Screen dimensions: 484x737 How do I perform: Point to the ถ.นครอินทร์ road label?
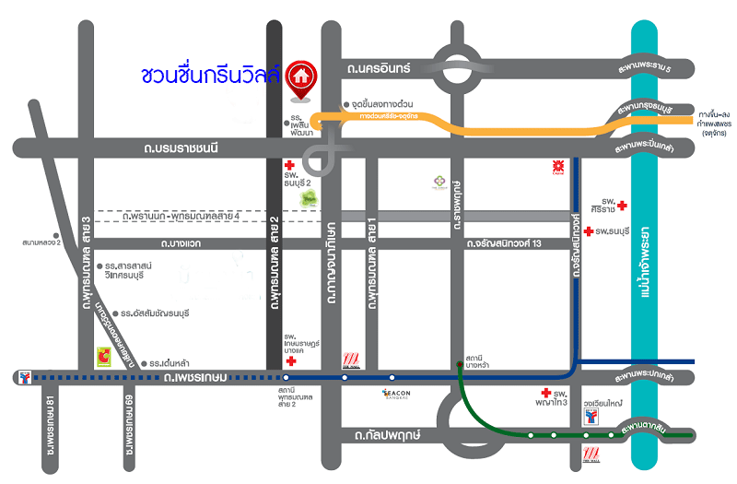378,68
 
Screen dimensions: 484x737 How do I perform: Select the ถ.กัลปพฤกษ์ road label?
380,433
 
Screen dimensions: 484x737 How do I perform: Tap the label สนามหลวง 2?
41,243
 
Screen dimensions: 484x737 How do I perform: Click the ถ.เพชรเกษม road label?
193,376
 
